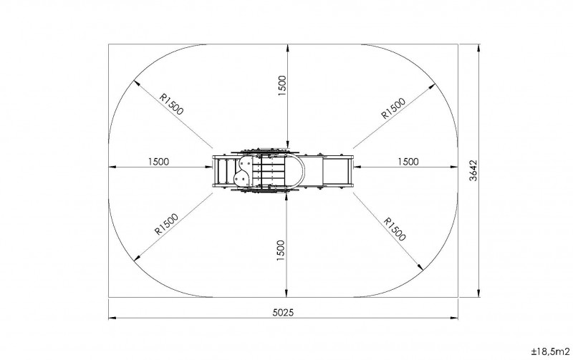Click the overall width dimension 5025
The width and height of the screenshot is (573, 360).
point(283,313)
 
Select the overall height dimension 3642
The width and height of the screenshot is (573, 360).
point(473,170)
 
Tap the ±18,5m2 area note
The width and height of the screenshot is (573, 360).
point(550,351)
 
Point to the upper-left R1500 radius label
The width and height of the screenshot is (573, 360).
point(171,104)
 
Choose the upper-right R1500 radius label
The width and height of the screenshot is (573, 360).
point(393,109)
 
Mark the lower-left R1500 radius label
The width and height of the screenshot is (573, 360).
point(166,224)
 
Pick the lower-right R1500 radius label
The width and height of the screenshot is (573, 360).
point(395,229)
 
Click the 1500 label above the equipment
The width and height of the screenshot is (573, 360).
point(281,86)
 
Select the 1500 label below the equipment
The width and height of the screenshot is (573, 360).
point(280,250)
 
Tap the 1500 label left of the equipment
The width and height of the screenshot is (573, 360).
point(158,162)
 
